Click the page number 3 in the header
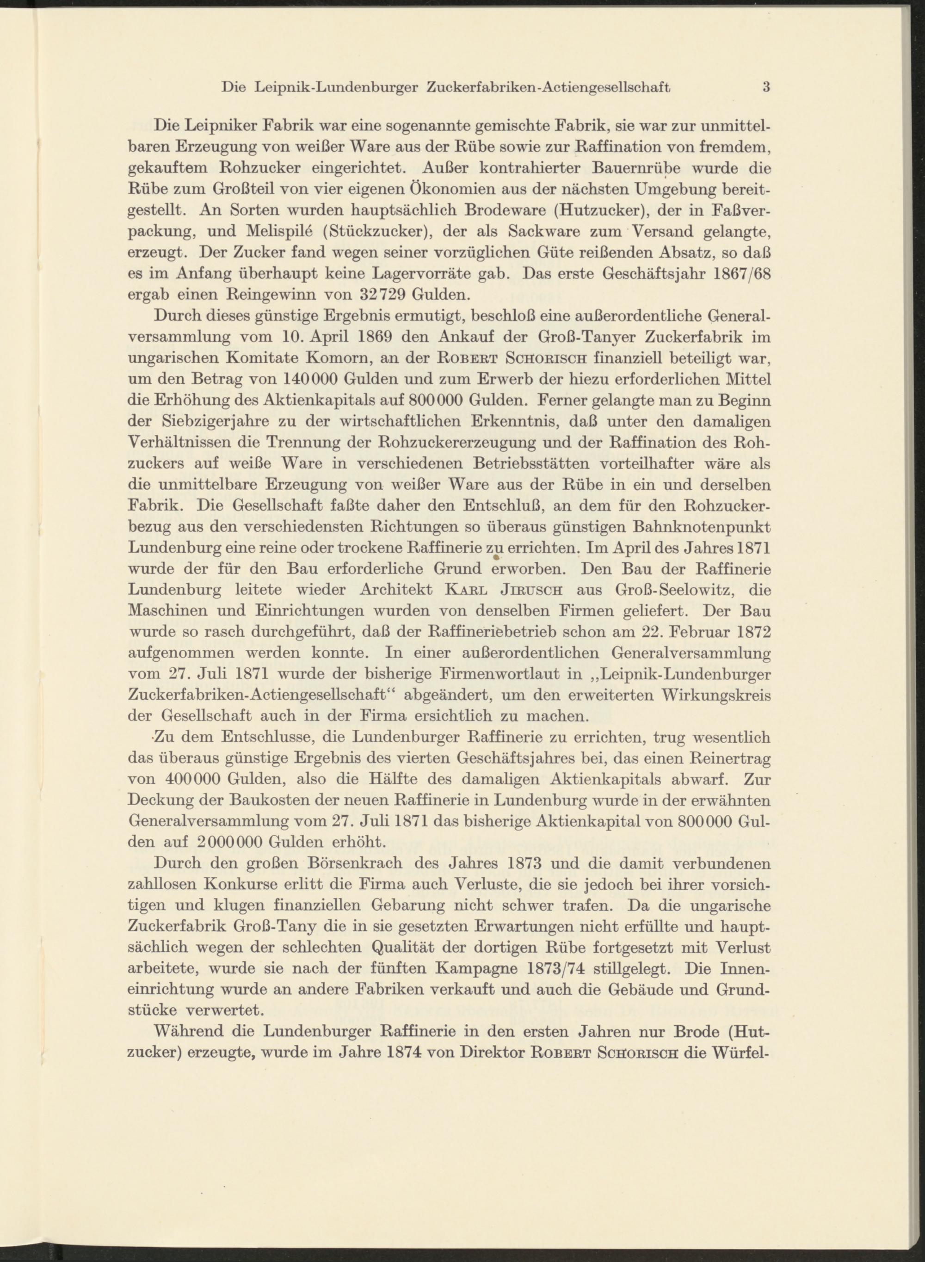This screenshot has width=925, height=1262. tap(766, 87)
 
